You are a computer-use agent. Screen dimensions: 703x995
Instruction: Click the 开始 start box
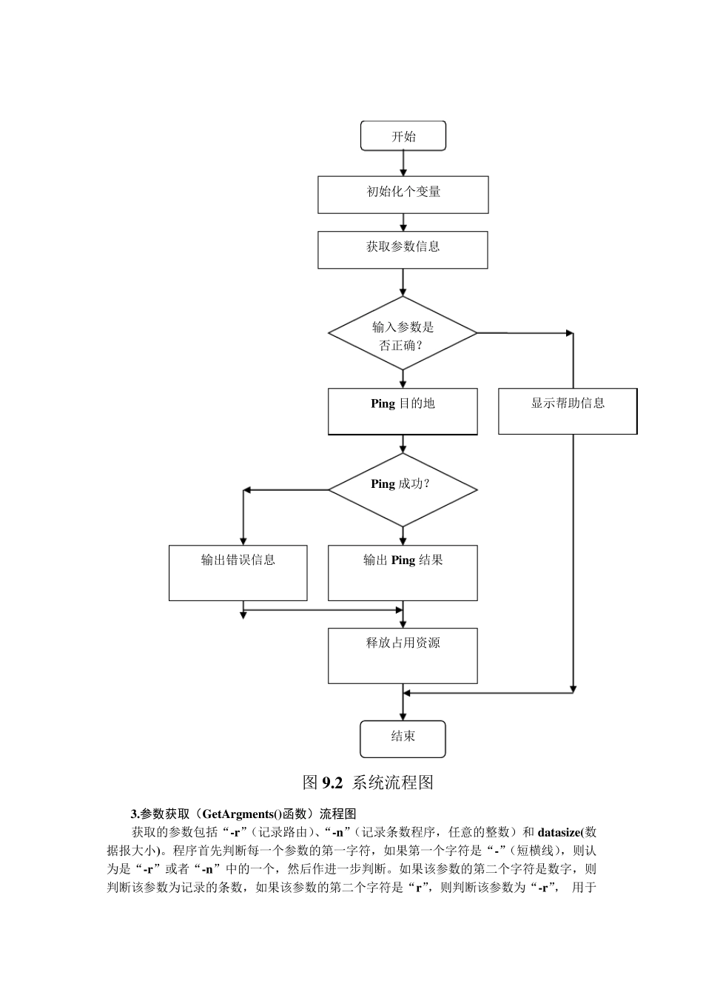pos(403,136)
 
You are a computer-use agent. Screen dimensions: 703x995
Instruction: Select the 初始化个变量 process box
pos(403,195)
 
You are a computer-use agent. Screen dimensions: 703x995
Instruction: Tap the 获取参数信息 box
pos(403,249)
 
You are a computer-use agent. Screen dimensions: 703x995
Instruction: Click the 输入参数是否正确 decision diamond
pos(403,333)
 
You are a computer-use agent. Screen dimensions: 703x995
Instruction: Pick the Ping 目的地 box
pos(403,412)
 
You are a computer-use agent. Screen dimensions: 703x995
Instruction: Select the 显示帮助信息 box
pos(568,412)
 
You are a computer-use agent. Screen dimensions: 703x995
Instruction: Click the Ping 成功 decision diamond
pos(403,490)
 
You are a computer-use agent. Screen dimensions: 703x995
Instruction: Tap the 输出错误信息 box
pos(238,573)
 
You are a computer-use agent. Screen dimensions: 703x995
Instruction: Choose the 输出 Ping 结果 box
pos(403,573)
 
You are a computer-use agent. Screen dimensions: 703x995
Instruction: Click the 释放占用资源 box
pos(403,656)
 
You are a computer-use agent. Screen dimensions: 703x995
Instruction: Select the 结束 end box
pos(403,739)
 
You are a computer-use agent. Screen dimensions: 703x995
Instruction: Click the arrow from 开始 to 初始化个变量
pos(403,164)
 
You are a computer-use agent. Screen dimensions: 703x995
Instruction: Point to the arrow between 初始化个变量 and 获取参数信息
pos(403,222)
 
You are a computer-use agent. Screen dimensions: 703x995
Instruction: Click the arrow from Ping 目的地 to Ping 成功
pos(403,443)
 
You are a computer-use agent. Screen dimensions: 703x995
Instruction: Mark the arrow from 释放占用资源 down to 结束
pos(403,702)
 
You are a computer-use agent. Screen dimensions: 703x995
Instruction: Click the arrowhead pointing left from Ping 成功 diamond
pos(247,490)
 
